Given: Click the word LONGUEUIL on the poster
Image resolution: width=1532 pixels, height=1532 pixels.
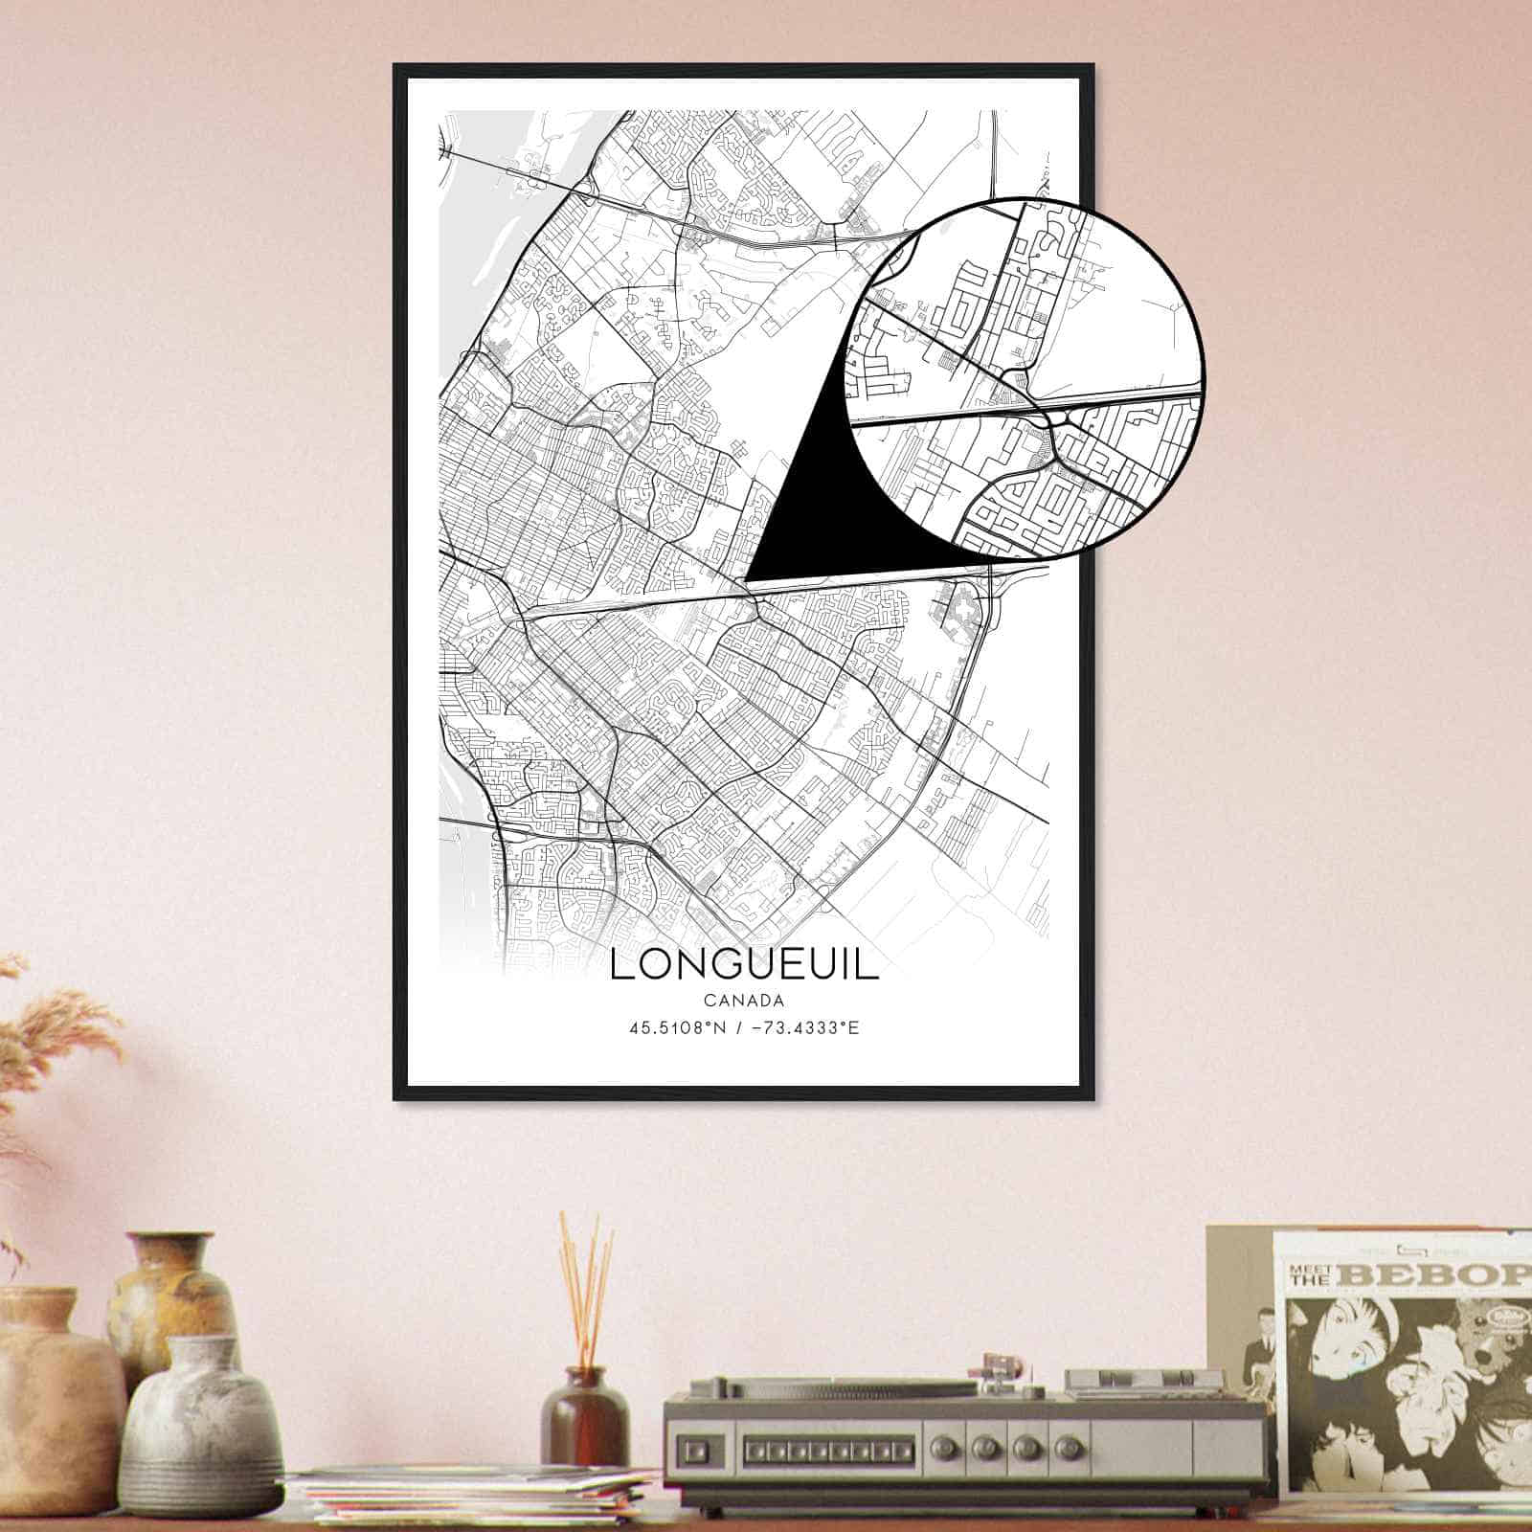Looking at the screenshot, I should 743,965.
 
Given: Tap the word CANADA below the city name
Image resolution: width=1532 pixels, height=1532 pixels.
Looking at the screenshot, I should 743,1001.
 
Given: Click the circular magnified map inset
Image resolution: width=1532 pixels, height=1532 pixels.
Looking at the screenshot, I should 1025,378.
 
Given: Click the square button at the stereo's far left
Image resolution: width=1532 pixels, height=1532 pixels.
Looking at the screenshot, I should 696,1446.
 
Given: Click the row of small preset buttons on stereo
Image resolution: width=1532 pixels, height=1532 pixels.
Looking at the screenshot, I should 814,1445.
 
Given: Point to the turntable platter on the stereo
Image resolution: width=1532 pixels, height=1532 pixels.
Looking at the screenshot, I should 823,1387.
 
